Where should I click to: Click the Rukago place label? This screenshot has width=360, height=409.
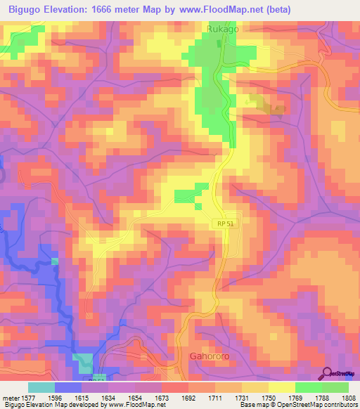coord(222,30)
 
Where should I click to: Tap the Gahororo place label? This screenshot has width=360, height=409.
coord(210,356)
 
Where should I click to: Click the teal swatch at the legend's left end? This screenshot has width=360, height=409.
coord(41,387)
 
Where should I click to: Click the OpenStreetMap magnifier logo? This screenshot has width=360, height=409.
coord(328,372)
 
